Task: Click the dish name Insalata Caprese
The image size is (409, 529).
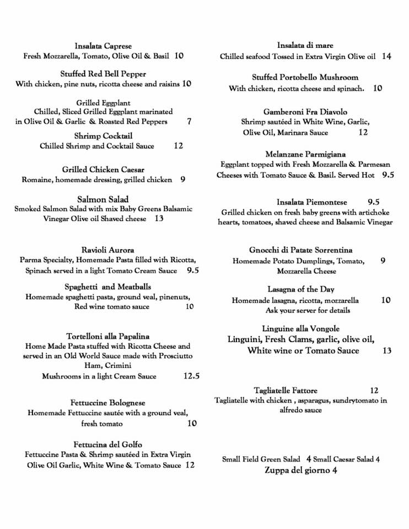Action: [x=103, y=46]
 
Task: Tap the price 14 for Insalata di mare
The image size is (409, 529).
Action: [x=386, y=56]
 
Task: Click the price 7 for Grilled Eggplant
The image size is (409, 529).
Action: [x=189, y=121]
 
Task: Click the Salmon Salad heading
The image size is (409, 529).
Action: [x=104, y=198]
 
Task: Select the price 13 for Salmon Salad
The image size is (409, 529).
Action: [x=159, y=219]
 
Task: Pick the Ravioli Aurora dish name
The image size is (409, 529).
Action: [x=107, y=250]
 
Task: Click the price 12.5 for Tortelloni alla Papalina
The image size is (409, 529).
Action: [x=191, y=376]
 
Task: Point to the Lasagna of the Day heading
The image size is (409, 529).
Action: [x=300, y=289]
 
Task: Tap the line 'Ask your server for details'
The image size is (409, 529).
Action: [x=300, y=310]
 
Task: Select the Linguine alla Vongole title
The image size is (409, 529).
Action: [x=301, y=328]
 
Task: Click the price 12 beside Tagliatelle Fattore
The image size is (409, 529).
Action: [x=374, y=391]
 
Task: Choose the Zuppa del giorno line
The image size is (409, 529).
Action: [x=300, y=470]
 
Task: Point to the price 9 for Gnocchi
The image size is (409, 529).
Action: [x=383, y=261]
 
